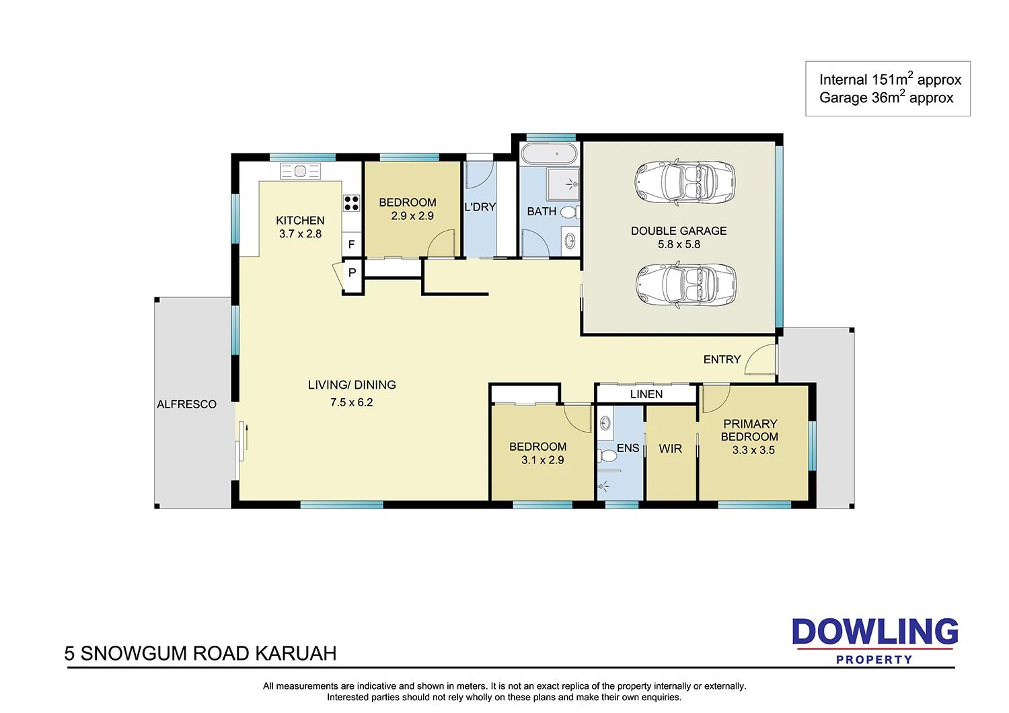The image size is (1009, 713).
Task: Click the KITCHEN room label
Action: tap(300, 221)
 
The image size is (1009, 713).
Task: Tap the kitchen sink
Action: tap(300, 172)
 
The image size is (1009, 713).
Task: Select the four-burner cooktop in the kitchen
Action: tap(351, 202)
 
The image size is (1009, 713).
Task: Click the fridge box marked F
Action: tap(351, 245)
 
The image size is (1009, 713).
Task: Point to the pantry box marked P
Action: tap(352, 273)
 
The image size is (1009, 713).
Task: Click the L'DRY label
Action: tap(480, 207)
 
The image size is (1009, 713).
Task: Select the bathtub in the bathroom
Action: tap(550, 153)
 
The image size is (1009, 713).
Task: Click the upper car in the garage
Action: tap(684, 182)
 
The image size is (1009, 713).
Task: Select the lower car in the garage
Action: tap(684, 285)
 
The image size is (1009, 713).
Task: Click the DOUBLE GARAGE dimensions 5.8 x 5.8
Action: tap(679, 245)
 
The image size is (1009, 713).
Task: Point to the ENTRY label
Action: tap(722, 360)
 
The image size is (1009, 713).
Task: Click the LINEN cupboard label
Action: tap(646, 394)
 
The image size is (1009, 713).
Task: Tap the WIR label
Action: tap(670, 449)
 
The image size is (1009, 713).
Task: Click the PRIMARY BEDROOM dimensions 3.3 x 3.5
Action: tap(753, 451)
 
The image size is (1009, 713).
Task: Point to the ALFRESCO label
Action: tap(186, 404)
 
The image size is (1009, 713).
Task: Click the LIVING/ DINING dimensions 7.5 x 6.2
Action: tap(351, 403)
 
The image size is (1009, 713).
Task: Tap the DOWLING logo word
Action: tap(874, 632)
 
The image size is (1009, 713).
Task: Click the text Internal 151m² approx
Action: tap(889, 79)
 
